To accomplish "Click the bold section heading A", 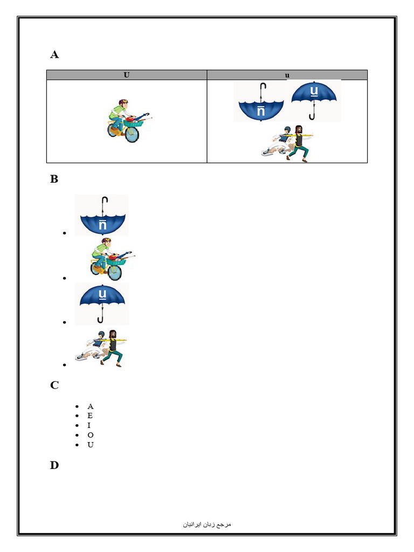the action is coord(54,54).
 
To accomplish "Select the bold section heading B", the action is coord(54,180).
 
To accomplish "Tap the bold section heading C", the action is coord(54,385).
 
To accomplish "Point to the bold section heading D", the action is coord(54,465).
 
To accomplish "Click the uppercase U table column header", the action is coord(126,75).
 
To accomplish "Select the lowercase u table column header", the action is coord(287,75).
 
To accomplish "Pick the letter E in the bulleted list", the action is coord(90,416).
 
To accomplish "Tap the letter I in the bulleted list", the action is coord(89,425).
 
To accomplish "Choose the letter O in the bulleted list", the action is coord(90,435).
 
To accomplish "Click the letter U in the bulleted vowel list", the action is coord(90,445).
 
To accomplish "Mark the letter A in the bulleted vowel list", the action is coord(90,406).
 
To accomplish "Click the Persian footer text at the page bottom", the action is coord(207,524).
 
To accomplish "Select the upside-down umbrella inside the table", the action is coord(259,102).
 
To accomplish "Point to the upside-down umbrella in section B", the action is coord(102,216).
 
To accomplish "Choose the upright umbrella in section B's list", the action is coord(102,303).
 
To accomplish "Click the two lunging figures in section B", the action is coord(102,348).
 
